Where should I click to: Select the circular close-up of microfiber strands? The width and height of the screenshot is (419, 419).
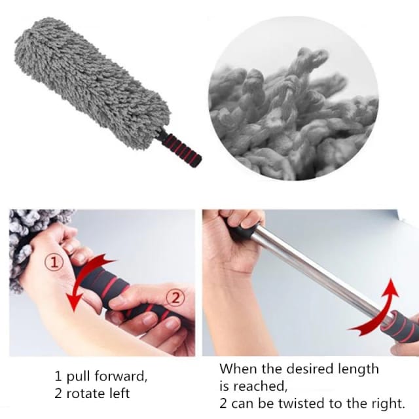(293, 105)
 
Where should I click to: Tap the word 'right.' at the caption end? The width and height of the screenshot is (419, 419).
(386, 403)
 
